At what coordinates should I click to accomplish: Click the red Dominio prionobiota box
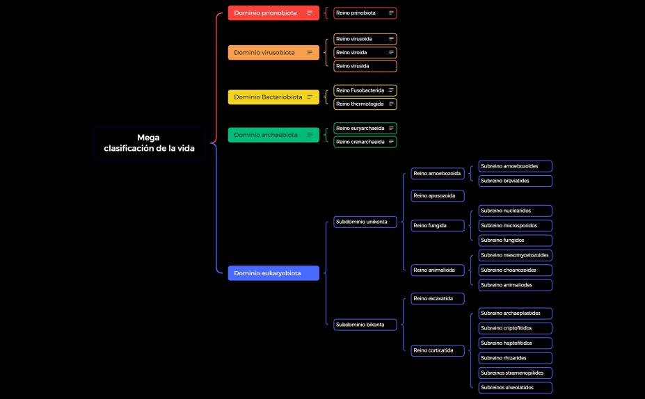click(273, 13)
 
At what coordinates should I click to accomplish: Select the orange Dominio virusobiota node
click(273, 53)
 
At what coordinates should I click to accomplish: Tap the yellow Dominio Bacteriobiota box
click(273, 97)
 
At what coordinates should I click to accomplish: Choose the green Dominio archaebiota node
click(273, 135)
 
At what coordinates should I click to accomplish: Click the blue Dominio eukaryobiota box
click(273, 273)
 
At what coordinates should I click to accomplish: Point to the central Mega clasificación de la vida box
click(150, 143)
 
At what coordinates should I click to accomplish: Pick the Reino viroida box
click(365, 53)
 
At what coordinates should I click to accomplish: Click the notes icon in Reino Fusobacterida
click(391, 90)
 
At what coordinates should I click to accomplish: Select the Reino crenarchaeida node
click(365, 142)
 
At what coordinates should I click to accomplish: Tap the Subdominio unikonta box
click(365, 222)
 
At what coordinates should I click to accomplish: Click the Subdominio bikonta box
click(365, 325)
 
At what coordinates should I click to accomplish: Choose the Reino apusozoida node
click(438, 196)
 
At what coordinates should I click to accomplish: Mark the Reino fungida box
click(438, 226)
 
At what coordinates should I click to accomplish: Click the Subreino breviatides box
click(516, 181)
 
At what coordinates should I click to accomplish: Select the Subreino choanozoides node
click(516, 270)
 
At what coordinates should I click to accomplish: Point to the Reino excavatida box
click(438, 299)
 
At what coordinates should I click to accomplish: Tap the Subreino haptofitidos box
click(516, 343)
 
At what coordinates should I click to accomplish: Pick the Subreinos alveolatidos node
click(516, 388)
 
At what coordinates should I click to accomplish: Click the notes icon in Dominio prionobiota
click(310, 13)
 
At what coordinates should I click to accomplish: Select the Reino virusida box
click(365, 66)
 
